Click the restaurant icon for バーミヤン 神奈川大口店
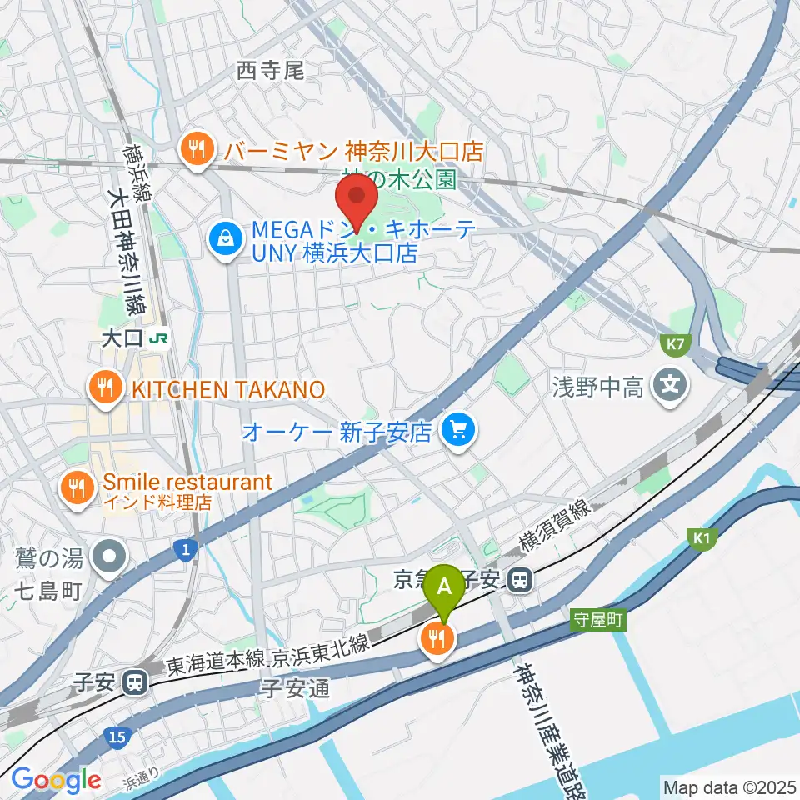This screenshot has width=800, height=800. coord(197,150)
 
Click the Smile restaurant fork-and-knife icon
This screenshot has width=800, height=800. coord(77,487)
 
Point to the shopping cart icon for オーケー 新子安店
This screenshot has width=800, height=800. coord(457,430)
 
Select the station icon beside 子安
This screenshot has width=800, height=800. coord(134,683)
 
